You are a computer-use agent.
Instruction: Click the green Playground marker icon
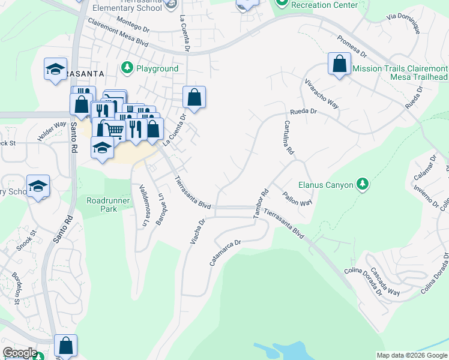click(x=127, y=68)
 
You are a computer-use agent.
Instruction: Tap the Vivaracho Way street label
click(x=322, y=93)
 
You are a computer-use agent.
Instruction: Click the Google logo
click(x=19, y=352)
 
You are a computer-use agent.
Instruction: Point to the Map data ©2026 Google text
click(x=412, y=355)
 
